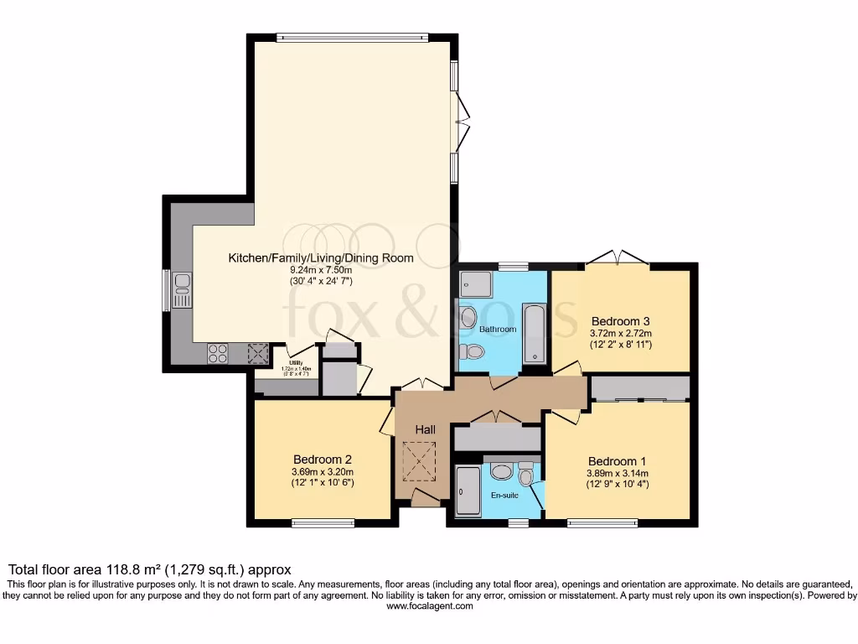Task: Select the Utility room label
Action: click(x=297, y=363)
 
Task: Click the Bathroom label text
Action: click(x=498, y=330)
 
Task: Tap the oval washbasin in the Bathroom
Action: click(x=468, y=318)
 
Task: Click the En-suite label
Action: click(x=504, y=496)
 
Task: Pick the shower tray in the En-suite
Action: click(x=468, y=493)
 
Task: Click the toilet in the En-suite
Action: click(x=525, y=475)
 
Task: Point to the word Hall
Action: click(x=426, y=429)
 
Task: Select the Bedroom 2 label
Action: click(x=322, y=459)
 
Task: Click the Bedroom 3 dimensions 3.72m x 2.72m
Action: click(x=621, y=333)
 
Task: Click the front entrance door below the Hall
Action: click(x=426, y=501)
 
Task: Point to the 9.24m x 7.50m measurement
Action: click(x=321, y=270)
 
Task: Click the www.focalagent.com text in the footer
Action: click(x=429, y=606)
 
